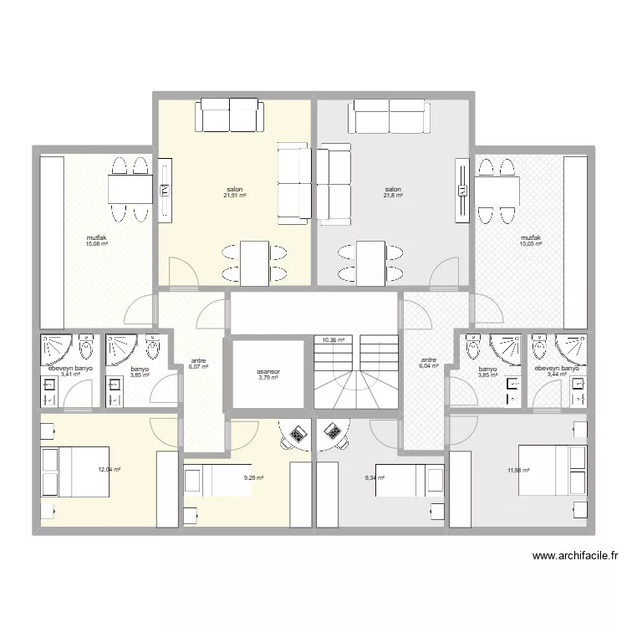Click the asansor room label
(x=268, y=371)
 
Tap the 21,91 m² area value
(x=235, y=196)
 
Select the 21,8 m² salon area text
(x=393, y=196)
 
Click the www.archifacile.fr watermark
(x=575, y=555)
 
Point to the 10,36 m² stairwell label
(x=334, y=340)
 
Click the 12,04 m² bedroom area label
(x=110, y=470)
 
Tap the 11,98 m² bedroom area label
(x=518, y=470)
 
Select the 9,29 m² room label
(x=254, y=477)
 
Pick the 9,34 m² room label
(x=375, y=477)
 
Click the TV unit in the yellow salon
(x=166, y=191)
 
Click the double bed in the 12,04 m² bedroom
(x=74, y=472)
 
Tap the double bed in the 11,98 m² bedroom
(x=553, y=470)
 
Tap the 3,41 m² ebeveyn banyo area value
(x=71, y=375)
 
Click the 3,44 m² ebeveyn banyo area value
(x=557, y=375)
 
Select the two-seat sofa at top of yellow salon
(x=230, y=115)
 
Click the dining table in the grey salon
(x=370, y=263)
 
